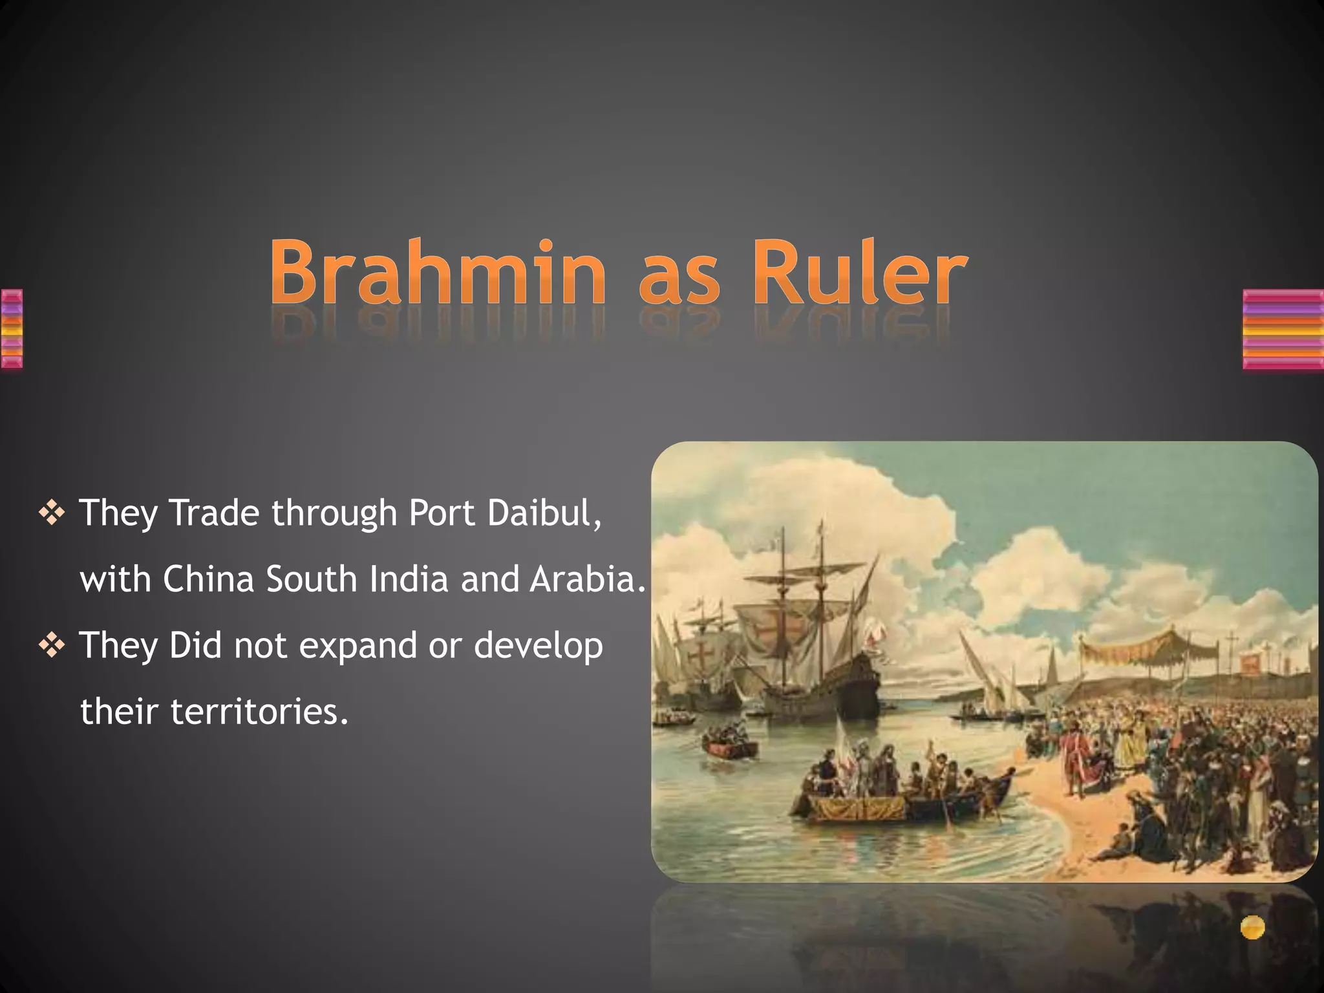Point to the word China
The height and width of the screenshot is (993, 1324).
(208, 579)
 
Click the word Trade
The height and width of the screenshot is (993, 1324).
(214, 513)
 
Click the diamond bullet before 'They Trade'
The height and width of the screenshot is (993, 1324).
(52, 513)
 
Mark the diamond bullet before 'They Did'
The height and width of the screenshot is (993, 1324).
(52, 646)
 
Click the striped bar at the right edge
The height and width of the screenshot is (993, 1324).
(1283, 329)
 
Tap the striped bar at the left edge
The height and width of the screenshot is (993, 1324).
(12, 329)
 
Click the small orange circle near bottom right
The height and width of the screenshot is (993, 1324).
(1252, 927)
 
